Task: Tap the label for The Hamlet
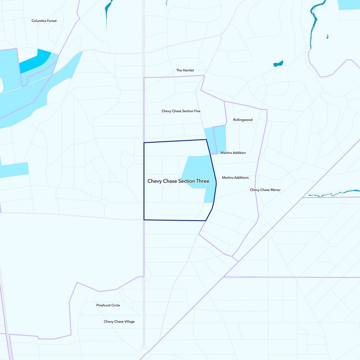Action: coord(184,70)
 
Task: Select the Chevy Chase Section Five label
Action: coord(181,111)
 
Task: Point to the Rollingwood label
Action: coord(243,120)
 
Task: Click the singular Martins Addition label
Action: coord(233,153)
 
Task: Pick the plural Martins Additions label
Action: coord(235,178)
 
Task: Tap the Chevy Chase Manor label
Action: coord(265,190)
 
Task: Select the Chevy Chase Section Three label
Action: coord(178,181)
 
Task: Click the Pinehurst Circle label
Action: coord(108,305)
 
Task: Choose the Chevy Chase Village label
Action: coord(119,321)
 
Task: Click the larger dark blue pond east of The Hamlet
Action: coord(278,64)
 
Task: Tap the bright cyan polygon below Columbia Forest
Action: coord(35,61)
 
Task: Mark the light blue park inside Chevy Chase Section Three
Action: coord(196,171)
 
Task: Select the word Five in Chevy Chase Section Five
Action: coord(197,111)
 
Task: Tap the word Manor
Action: coord(274,190)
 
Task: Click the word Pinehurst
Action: coord(103,305)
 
